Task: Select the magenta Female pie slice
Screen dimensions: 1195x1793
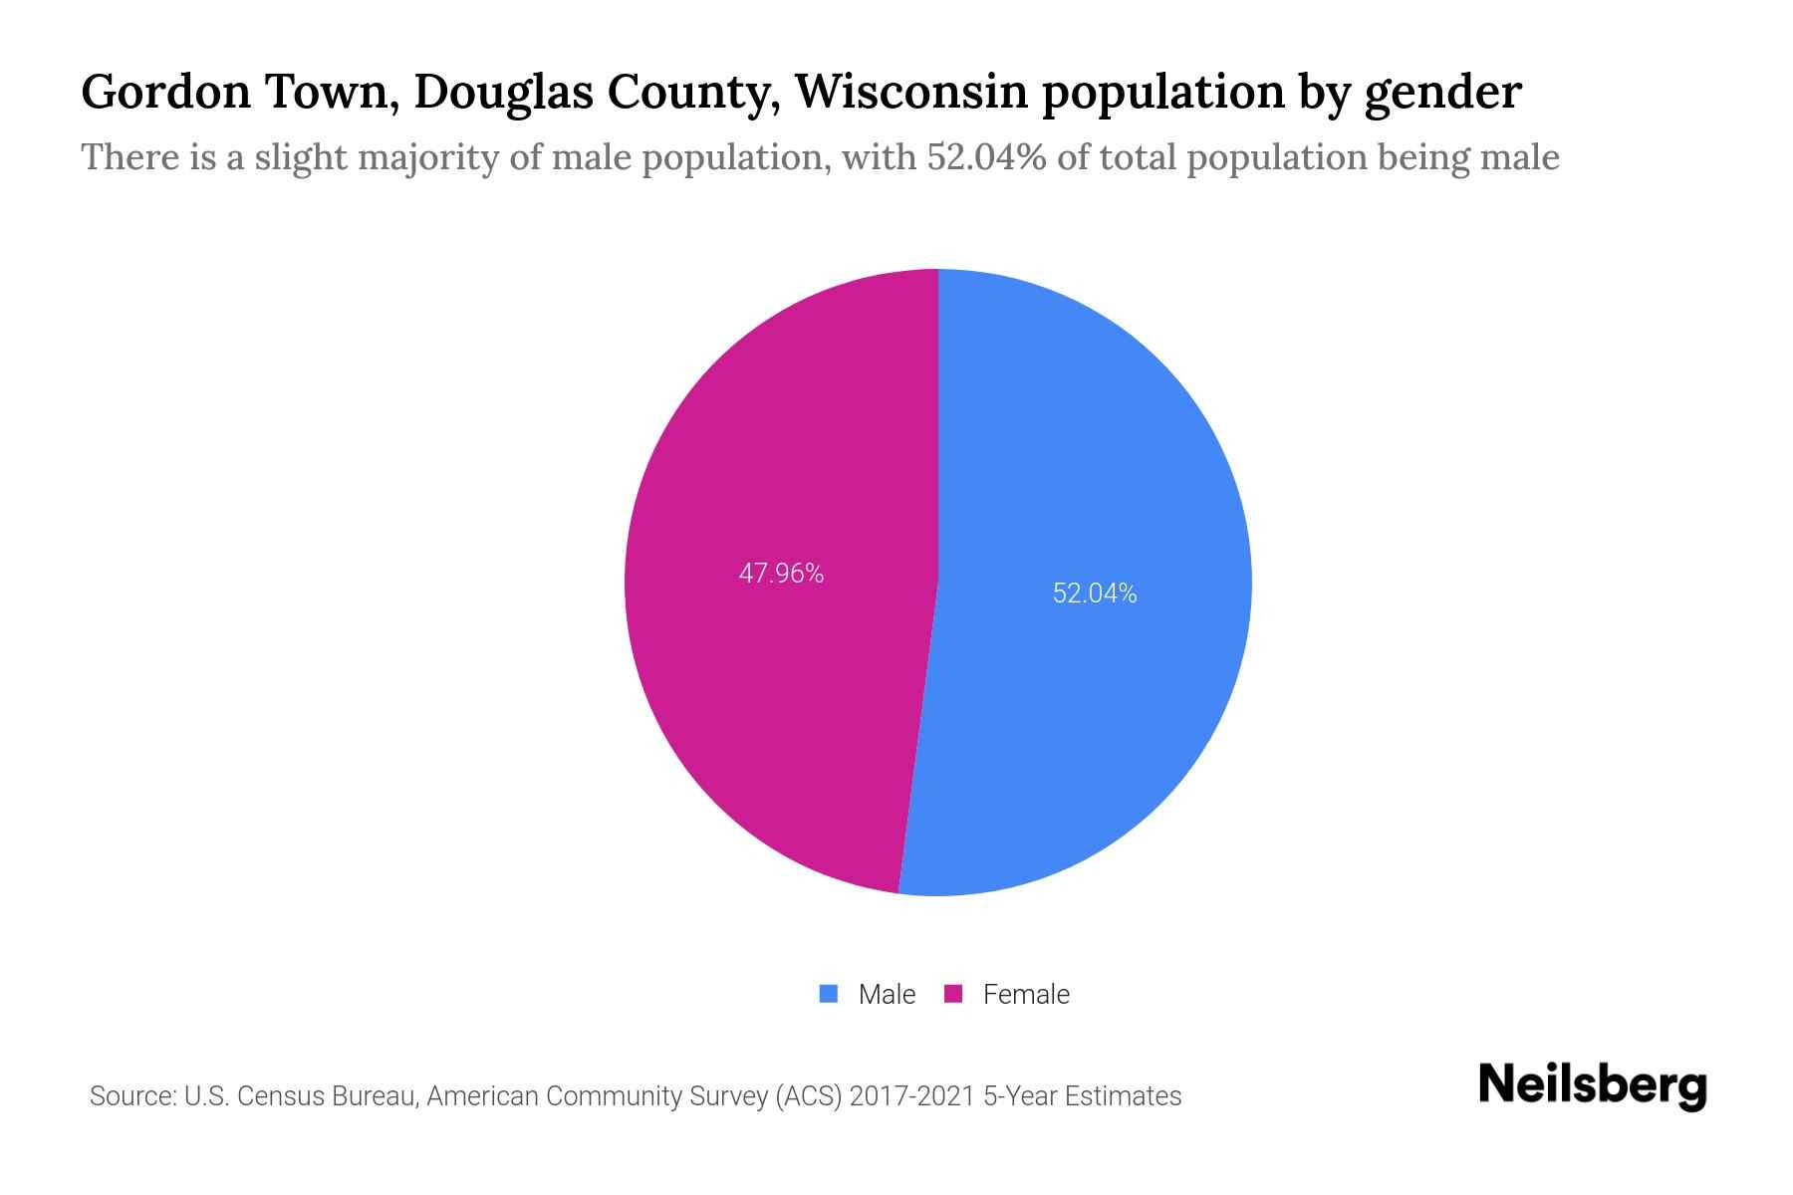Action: click(777, 697)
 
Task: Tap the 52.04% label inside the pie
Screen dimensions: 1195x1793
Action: click(1095, 594)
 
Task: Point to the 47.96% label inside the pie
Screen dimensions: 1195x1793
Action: click(781, 574)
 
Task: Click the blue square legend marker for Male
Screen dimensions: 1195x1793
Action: click(828, 994)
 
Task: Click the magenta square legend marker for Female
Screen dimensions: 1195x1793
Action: click(953, 994)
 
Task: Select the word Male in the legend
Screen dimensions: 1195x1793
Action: click(887, 994)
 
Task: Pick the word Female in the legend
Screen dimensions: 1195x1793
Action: click(1026, 994)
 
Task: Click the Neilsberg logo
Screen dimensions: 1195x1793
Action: click(1592, 1085)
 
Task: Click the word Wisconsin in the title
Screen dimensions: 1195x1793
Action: click(910, 92)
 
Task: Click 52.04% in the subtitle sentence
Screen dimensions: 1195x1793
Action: click(986, 157)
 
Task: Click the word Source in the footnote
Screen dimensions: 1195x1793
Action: click(131, 1096)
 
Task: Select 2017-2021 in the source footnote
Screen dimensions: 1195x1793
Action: click(911, 1096)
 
